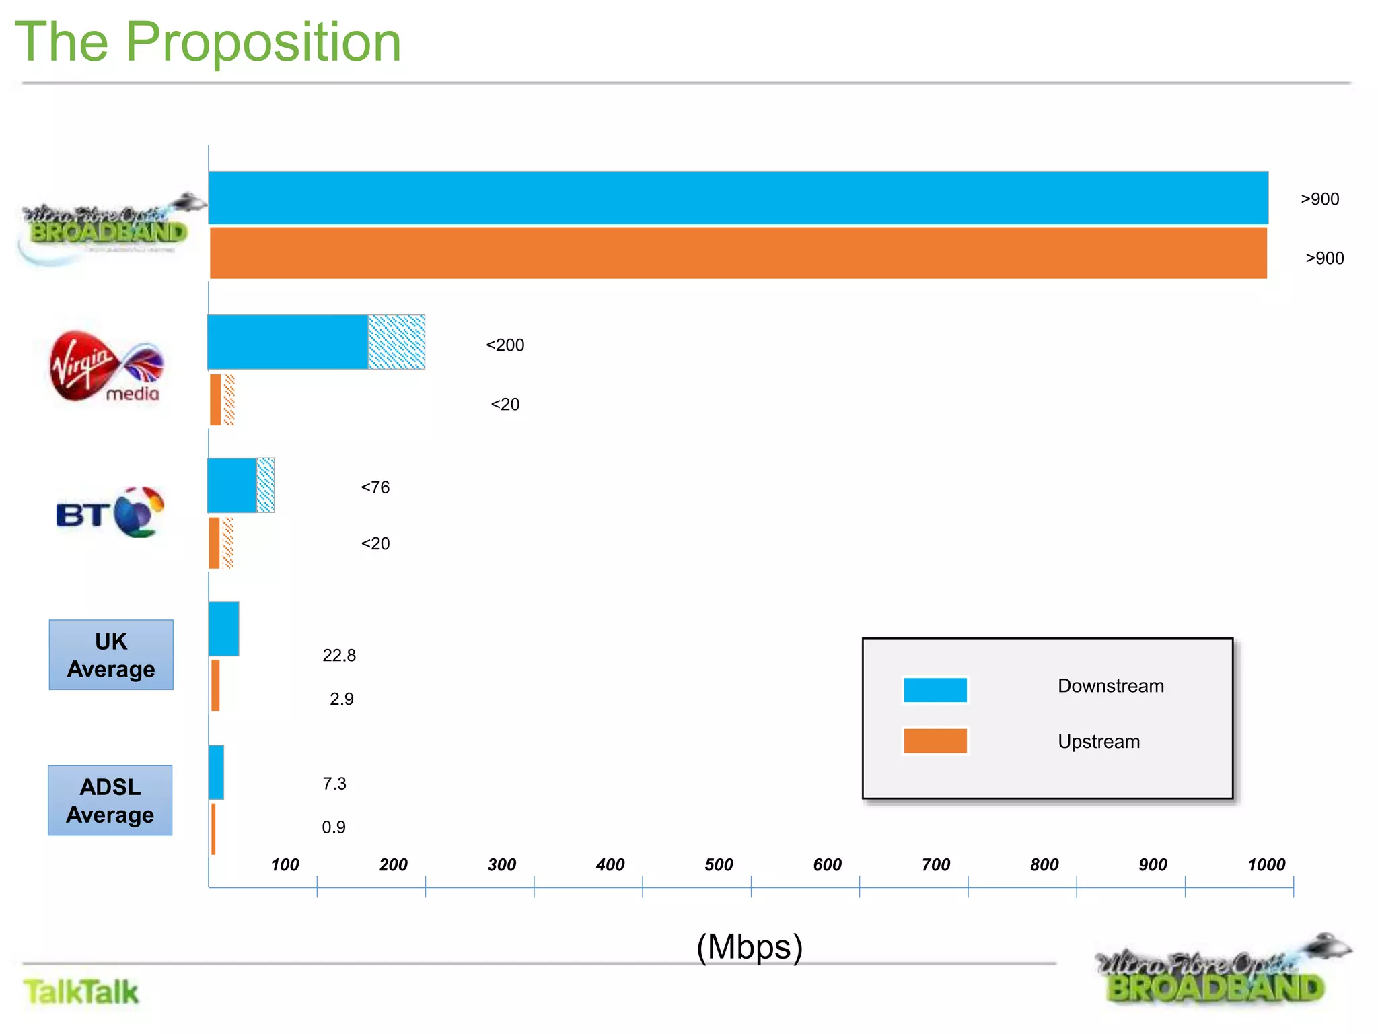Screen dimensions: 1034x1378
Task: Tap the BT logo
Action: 110,513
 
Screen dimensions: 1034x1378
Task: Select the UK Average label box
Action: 111,655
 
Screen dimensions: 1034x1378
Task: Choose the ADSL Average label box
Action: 110,800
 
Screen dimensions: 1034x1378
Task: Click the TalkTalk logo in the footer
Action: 81,992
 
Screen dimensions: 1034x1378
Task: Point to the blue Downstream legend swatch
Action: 935,690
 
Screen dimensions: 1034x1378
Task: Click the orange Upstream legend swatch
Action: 935,740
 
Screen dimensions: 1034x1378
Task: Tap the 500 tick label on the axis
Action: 719,865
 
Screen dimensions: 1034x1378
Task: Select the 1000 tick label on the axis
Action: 1266,865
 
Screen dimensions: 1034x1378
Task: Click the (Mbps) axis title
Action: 750,947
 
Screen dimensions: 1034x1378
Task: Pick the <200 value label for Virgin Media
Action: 505,345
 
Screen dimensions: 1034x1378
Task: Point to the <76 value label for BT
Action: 375,487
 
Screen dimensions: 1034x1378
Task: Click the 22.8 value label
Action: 339,656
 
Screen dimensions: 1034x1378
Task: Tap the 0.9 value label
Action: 334,827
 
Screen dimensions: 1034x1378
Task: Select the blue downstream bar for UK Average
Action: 223,629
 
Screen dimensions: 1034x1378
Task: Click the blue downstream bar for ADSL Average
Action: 216,772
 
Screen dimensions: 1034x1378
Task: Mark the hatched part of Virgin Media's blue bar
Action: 396,342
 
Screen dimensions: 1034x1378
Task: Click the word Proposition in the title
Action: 263,42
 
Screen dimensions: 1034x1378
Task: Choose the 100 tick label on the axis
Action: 285,865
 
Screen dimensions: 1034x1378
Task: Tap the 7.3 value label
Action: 334,784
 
